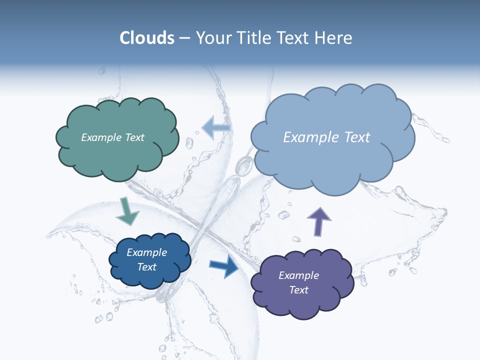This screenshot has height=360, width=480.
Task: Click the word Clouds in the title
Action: [147, 38]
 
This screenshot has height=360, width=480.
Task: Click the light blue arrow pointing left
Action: [216, 127]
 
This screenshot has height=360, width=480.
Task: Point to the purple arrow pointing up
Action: [318, 221]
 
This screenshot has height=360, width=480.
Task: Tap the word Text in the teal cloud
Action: [134, 137]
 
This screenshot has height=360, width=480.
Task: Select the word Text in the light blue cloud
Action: [357, 137]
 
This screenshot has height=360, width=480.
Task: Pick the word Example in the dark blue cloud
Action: [146, 252]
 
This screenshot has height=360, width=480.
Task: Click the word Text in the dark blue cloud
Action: [146, 267]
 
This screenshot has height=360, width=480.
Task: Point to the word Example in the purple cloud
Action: [298, 275]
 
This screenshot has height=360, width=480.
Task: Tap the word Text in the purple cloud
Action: [298, 290]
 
